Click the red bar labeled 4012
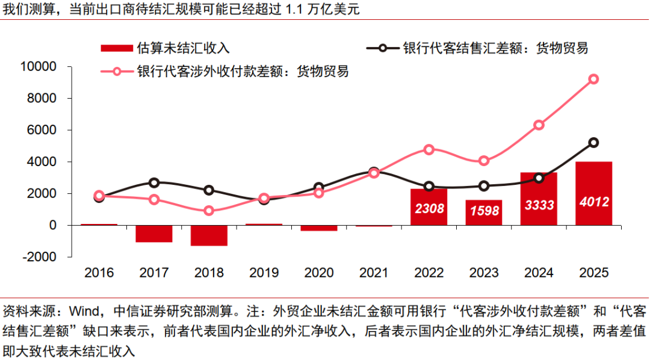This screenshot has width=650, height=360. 593,193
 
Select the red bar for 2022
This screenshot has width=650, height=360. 429,206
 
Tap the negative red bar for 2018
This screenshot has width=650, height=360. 209,235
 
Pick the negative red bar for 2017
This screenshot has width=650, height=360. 154,234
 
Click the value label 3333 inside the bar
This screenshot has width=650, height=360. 538,205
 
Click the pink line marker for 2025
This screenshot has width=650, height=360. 593,79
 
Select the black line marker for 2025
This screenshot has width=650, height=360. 593,143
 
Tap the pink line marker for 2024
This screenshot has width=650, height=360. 539,125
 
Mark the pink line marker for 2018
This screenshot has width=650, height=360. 209,211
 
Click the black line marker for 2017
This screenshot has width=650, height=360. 154,182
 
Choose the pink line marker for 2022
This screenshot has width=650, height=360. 429,149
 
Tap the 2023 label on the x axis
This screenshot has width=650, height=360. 483,273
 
